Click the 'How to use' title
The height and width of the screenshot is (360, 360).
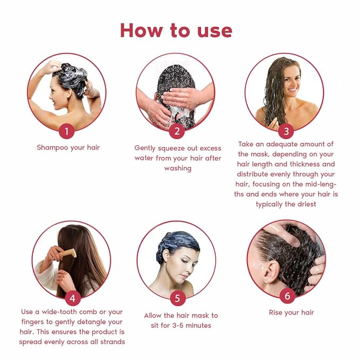point(176,30)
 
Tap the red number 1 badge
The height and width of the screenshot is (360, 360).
point(67,131)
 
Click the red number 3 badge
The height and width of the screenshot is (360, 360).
point(286,131)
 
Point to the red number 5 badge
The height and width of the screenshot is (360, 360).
point(178,298)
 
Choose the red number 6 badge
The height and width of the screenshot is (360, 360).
point(287,296)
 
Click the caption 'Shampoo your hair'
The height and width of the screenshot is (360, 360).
point(68,147)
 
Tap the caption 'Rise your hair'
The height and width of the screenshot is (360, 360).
point(291,312)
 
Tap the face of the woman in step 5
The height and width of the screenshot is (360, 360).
point(180,266)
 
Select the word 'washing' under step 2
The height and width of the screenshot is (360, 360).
point(178,168)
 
